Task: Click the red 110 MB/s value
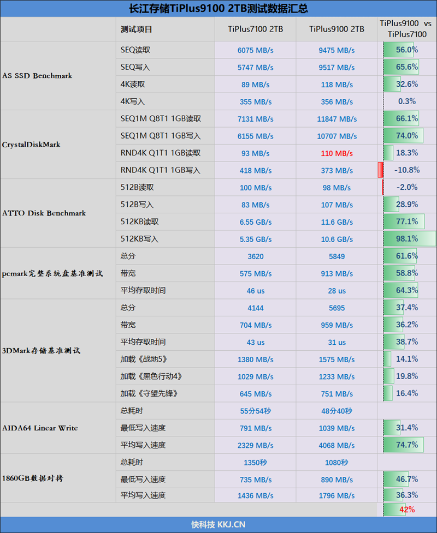[336, 153]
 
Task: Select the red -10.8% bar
[380, 170]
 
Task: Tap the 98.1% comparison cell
[407, 238]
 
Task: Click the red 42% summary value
[407, 510]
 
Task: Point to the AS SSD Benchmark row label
[37, 76]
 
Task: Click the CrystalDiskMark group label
[31, 145]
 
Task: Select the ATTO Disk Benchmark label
[44, 213]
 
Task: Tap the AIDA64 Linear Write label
[40, 428]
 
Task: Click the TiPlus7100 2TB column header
[256, 29]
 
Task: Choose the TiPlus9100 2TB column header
[336, 29]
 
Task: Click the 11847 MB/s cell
[336, 119]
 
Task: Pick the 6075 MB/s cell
[256, 50]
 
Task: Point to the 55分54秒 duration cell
[256, 411]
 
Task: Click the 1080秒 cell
[336, 463]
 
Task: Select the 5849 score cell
[336, 256]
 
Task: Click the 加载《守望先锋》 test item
[149, 393]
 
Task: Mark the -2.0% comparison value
[406, 187]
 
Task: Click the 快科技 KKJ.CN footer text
[218, 525]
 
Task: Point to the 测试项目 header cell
[137, 29]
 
